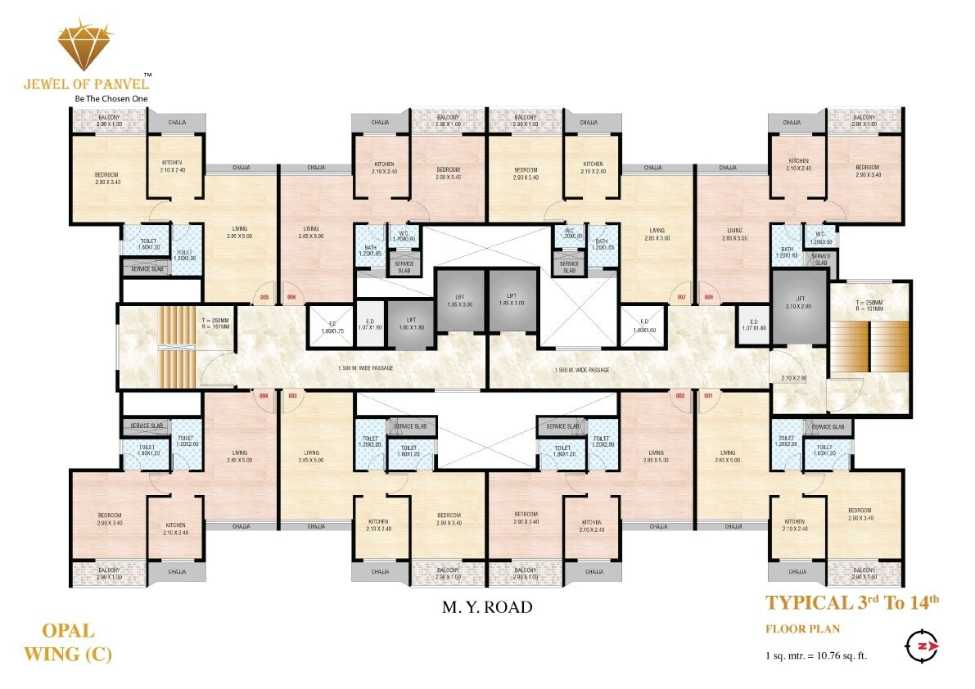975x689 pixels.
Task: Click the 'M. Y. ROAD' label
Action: pos(487,607)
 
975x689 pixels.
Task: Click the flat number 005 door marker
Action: pos(264,297)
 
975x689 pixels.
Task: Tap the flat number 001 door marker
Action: pos(708,396)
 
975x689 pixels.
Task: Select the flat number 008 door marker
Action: pos(708,297)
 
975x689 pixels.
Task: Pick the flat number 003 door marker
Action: pos(291,396)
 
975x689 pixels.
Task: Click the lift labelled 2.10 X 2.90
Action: pos(799,309)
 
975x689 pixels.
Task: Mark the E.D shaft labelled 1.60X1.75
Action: pos(331,326)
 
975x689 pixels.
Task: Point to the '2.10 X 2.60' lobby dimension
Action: pos(795,378)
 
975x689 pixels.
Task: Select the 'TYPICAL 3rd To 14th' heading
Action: pos(851,604)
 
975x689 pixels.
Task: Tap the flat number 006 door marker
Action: pos(290,297)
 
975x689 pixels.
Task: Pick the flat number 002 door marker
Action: pos(679,396)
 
